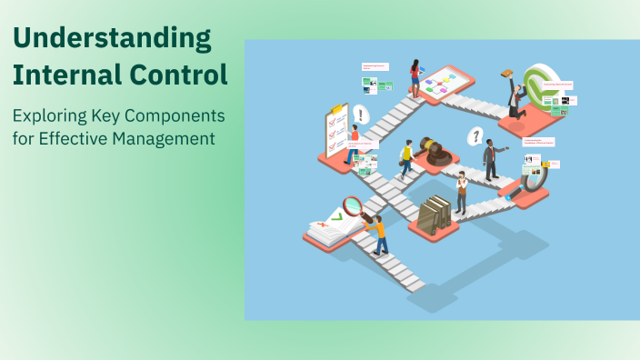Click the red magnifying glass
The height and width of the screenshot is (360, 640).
point(353,205)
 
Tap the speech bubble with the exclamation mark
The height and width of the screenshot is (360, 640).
point(361,115)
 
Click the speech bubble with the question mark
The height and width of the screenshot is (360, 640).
point(474,136)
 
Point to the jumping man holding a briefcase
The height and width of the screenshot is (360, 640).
point(514,95)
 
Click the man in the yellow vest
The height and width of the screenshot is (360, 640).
point(406,160)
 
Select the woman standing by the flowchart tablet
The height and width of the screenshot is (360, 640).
point(415,78)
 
